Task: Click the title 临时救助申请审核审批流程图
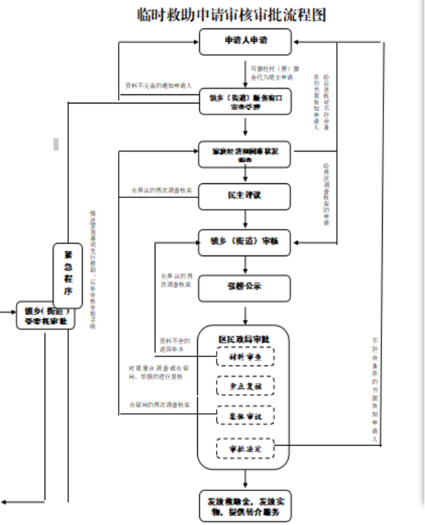[232, 15]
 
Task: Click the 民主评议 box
[244, 196]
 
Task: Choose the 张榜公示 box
[244, 287]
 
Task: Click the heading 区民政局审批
[244, 338]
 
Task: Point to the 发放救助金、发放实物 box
[244, 505]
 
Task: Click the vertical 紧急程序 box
[67, 272]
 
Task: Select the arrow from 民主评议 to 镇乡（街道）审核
[244, 219]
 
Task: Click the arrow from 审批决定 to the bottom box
[244, 478]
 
